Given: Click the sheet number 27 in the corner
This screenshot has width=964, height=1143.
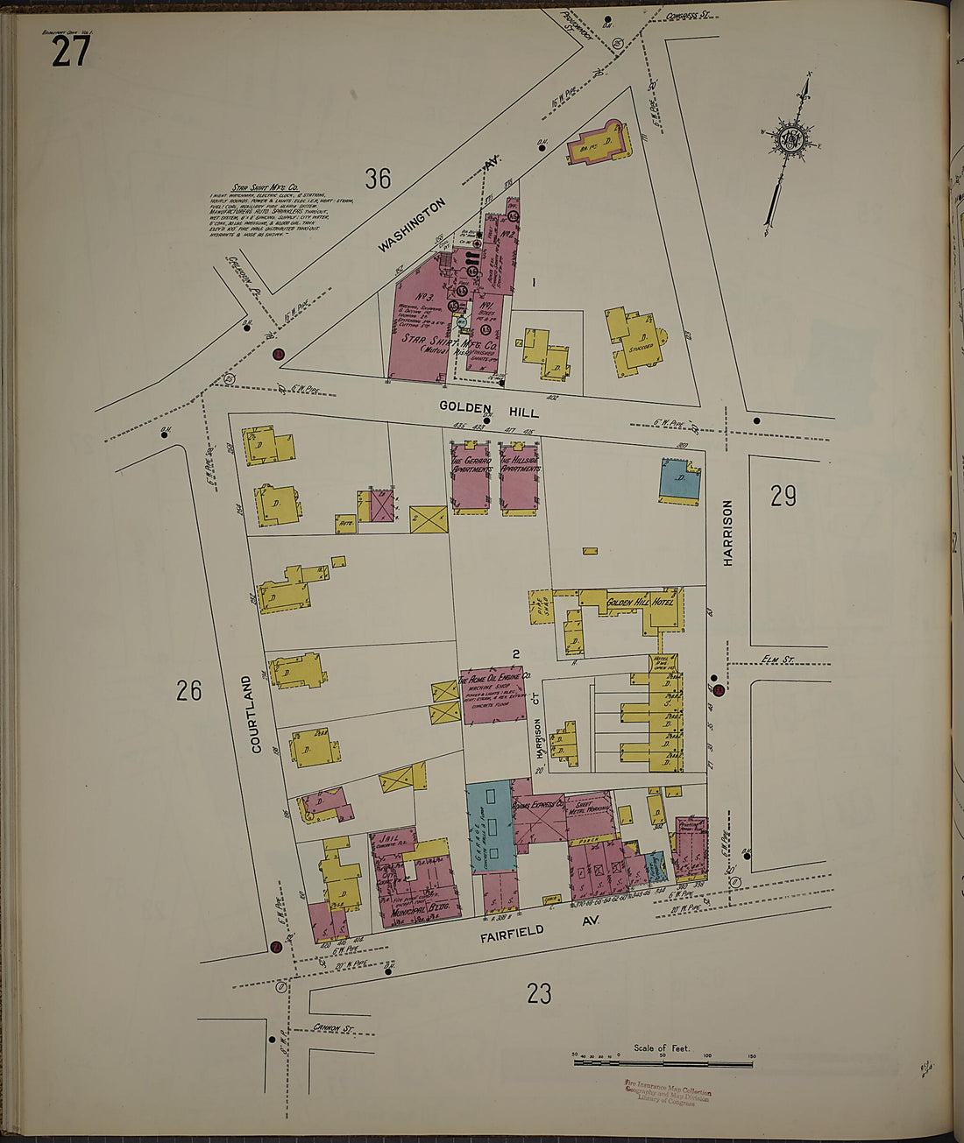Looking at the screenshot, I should [x=70, y=51].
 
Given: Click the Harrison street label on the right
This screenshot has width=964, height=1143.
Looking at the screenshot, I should [x=727, y=533].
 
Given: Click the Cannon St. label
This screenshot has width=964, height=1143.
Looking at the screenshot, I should [x=332, y=1027].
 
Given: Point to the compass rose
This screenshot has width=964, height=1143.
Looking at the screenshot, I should [x=791, y=140].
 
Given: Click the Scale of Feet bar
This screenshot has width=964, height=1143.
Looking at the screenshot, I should [x=663, y=1062].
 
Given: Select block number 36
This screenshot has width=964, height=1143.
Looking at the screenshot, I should [x=378, y=179].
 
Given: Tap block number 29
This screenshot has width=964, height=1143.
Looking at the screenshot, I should [x=783, y=497].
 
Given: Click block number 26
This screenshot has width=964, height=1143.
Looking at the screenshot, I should [x=188, y=690].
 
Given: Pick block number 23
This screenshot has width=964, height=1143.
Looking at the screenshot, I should [x=539, y=993].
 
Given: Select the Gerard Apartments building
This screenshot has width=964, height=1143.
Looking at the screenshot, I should [x=470, y=478].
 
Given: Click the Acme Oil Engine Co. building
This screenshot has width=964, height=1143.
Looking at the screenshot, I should [x=493, y=695].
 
